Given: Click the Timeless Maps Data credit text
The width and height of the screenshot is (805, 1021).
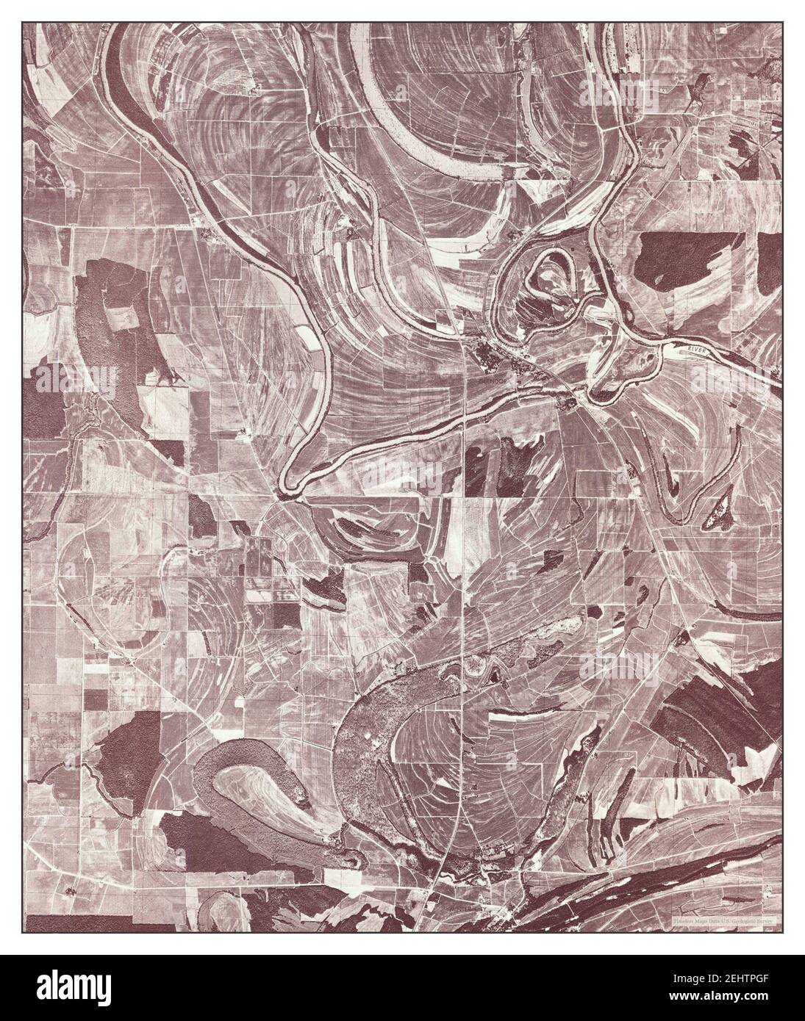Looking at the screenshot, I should (x=723, y=919).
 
